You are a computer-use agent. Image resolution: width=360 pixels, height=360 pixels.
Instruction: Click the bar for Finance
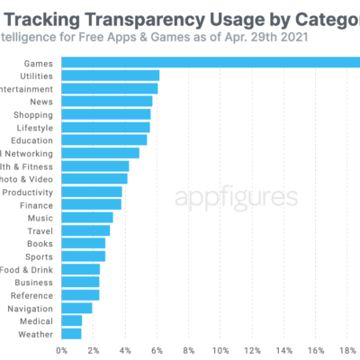91,204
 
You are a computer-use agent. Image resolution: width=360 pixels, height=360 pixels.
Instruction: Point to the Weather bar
71,334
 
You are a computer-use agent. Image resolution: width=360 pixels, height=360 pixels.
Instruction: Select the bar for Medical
72,320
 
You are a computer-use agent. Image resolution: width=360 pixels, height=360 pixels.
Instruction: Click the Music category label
40,218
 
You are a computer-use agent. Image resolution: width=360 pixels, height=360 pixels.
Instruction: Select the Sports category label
39,256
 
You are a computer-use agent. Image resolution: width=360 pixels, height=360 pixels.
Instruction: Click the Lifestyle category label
33,128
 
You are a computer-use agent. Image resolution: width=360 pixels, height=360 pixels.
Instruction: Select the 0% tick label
62,349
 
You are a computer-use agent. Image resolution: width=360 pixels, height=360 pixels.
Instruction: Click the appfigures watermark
236,197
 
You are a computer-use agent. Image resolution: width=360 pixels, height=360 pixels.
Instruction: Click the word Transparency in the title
132,13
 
